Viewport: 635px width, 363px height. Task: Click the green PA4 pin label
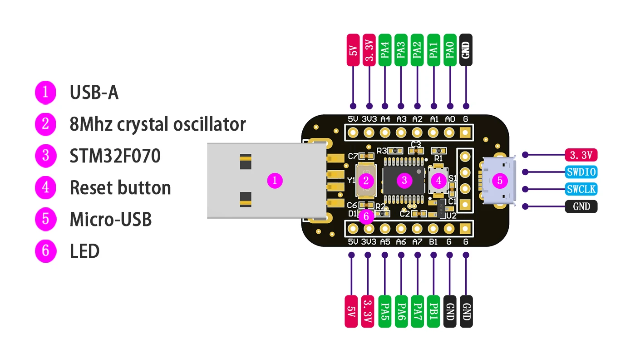385,50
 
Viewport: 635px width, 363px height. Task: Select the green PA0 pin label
450,50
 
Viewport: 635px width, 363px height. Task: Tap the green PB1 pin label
433,311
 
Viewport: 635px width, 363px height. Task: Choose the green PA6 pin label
401,311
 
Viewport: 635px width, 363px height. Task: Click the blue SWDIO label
581,172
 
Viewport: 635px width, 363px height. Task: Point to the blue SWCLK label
581,189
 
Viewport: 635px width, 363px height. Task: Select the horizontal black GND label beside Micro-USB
581,206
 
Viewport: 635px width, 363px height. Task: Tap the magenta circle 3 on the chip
404,181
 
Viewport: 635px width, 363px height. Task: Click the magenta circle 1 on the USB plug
275,181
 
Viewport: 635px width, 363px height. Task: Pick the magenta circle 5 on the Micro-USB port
500,181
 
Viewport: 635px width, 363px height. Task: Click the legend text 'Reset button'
120,188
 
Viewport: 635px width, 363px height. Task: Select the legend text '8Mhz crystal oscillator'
158,124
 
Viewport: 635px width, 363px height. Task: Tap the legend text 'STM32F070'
115,156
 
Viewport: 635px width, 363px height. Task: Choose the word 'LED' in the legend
84,251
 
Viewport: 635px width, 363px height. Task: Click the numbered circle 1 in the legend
45,92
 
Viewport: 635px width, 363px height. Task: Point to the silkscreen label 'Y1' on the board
351,181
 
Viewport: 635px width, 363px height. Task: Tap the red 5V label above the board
353,50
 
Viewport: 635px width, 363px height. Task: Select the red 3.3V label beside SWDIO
581,155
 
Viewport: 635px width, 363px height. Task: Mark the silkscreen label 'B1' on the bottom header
433,242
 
